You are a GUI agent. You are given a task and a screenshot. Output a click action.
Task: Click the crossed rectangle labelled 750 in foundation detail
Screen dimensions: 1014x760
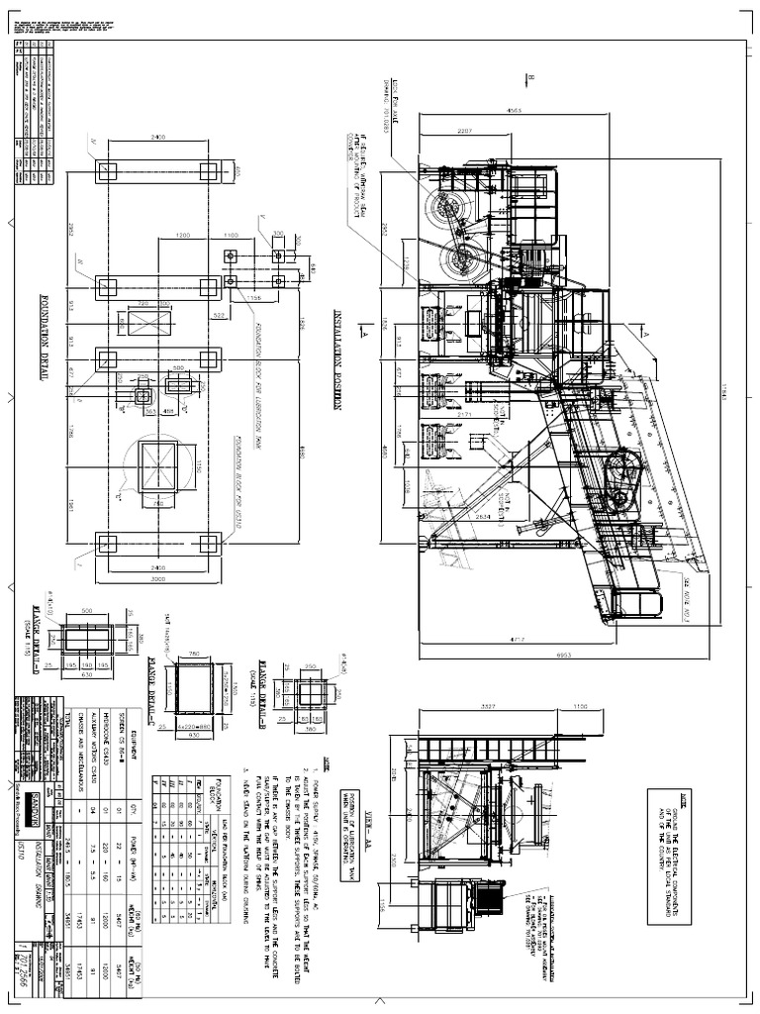tap(158, 466)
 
